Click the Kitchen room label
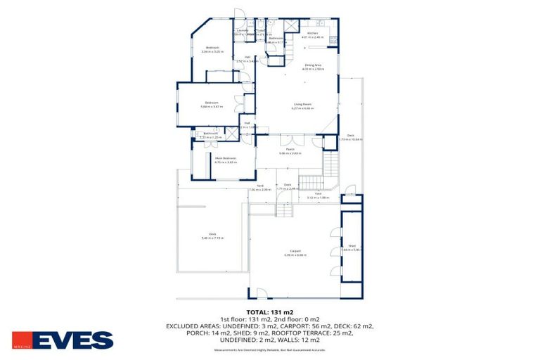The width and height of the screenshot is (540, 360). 312,33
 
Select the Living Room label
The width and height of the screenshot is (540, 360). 302,105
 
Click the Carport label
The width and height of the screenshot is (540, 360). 295,251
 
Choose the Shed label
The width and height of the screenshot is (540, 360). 352,245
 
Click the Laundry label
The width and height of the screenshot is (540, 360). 242,30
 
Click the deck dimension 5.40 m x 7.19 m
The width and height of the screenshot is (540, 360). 212,238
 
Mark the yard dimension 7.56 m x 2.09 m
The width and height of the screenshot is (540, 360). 259,190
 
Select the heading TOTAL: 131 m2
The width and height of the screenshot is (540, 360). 270,311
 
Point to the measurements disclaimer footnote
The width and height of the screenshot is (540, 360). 270,349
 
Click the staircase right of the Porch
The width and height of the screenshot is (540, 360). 331,165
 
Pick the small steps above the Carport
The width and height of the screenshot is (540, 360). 283,210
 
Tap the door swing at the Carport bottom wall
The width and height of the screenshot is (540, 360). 262,293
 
